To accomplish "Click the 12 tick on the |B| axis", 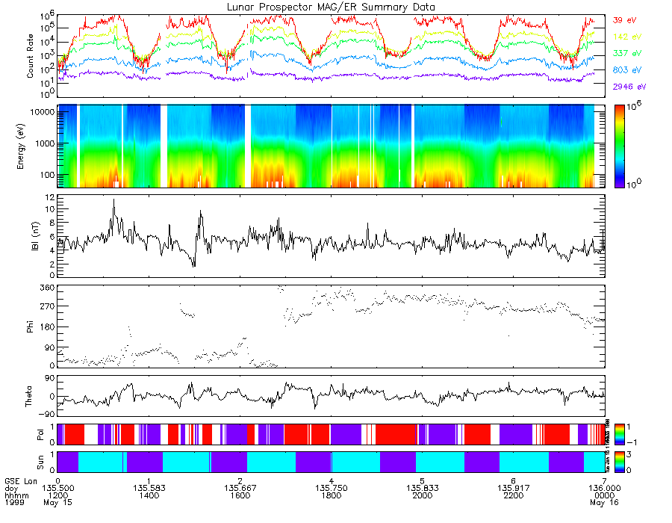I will (49, 197).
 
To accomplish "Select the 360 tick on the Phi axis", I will (46, 287).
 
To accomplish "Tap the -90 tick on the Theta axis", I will (46, 413).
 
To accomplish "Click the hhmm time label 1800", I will (331, 495).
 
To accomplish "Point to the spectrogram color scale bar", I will (618, 146).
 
